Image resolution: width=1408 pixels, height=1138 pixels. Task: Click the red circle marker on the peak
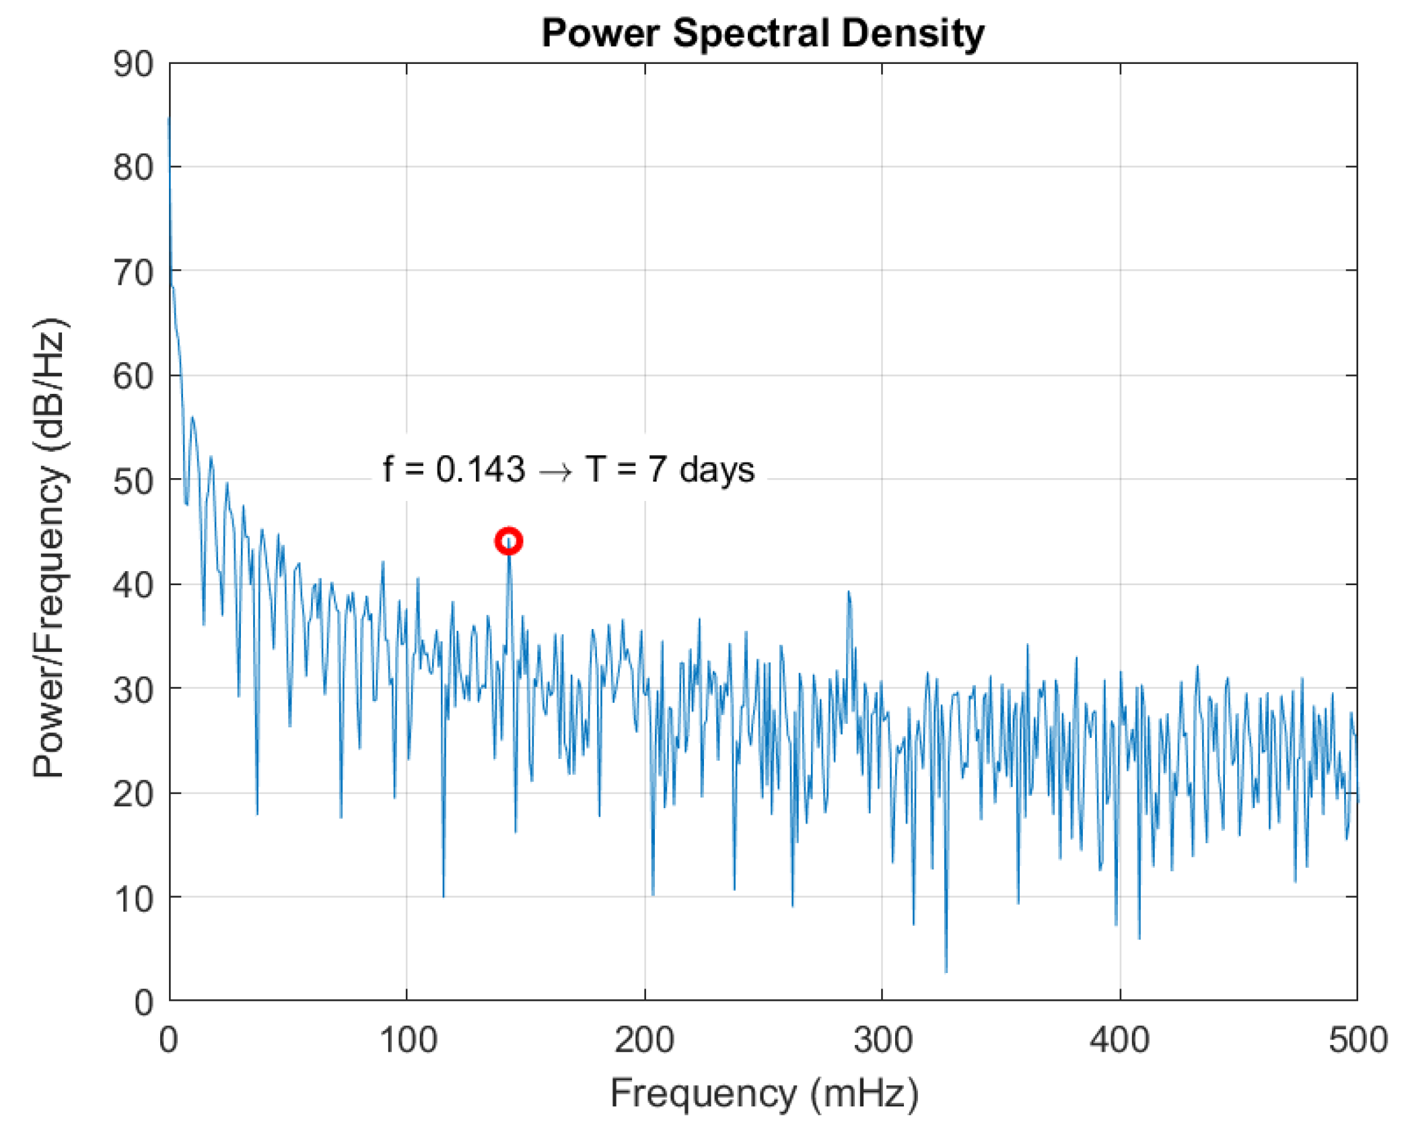[509, 541]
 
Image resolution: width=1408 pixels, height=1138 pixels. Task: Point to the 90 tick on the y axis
[133, 65]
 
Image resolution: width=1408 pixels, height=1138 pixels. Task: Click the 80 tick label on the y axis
[133, 167]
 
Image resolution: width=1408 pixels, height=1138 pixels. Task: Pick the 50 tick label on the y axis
[133, 481]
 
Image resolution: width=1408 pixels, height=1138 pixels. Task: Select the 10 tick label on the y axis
[133, 899]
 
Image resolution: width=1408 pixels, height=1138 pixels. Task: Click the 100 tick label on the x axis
[408, 1040]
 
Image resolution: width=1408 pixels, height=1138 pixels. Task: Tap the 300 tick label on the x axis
[882, 1040]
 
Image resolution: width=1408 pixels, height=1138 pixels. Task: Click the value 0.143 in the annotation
[480, 469]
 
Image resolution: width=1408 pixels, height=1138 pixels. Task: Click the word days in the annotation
[717, 470]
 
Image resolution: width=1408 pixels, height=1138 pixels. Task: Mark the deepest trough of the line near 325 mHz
[946, 970]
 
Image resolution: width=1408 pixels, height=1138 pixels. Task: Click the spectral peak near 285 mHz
[849, 593]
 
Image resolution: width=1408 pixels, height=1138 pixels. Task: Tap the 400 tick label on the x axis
[1120, 1040]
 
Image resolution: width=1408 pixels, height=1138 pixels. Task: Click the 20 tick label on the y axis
[133, 795]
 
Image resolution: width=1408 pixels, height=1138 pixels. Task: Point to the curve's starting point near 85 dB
[169, 119]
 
